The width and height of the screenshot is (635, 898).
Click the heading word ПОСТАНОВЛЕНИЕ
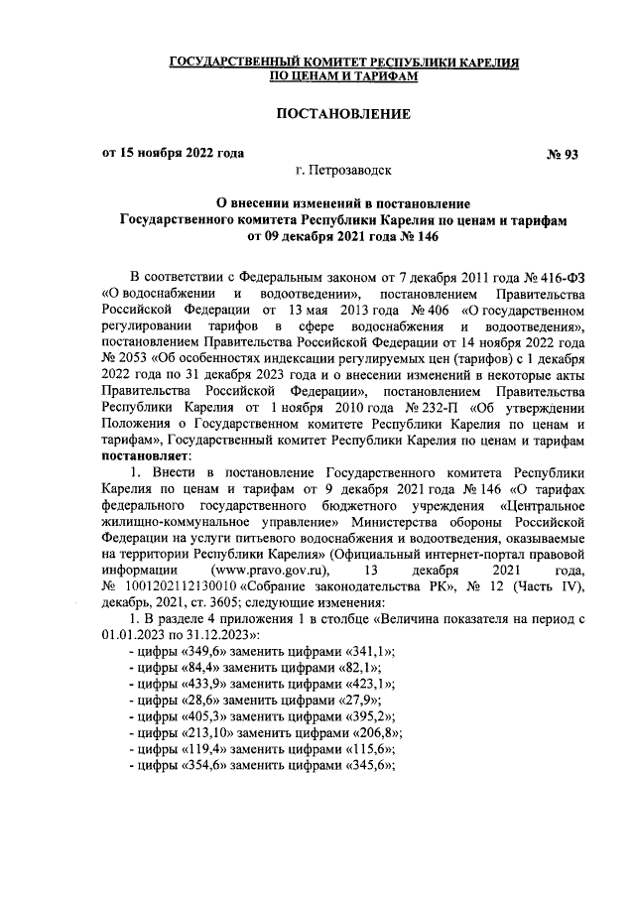pos(342,115)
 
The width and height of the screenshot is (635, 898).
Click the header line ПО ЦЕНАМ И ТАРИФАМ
pos(343,74)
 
